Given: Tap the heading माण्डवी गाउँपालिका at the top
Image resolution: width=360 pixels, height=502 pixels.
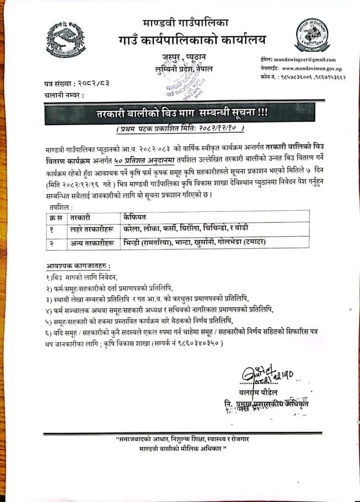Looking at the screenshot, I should click(185, 23).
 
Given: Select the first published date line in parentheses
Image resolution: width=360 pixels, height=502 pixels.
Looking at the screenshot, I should click(180, 129).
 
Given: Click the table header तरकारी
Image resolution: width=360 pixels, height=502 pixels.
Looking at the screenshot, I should click(81, 218).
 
